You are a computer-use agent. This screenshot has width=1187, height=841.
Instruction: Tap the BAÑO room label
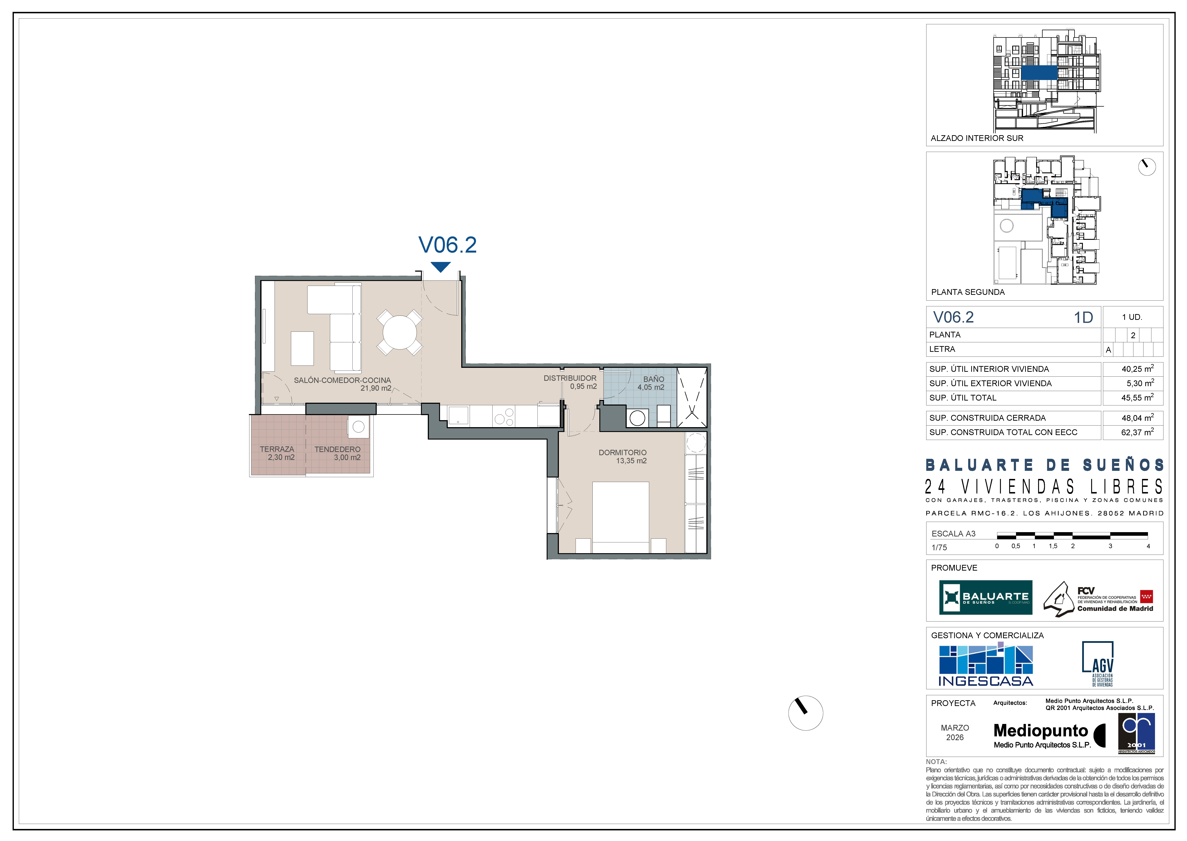[x=654, y=379]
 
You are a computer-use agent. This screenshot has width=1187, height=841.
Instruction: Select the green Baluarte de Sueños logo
[x=986, y=597]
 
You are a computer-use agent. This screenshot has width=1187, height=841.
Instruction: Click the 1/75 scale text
[x=939, y=547]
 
